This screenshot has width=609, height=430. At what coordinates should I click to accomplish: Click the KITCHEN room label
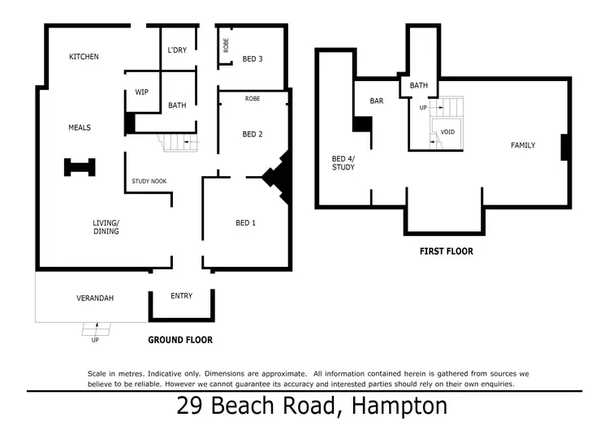click(84, 57)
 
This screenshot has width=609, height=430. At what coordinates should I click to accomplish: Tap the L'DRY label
click(177, 50)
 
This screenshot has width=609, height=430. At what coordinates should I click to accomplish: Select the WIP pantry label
click(141, 92)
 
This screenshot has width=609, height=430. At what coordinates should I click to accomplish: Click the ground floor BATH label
click(177, 105)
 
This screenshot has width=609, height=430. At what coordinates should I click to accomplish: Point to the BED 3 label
click(253, 58)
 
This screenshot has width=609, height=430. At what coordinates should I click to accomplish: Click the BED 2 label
click(253, 134)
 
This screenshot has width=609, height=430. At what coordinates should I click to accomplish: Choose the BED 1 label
click(245, 223)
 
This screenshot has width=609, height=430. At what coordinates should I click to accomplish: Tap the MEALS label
click(79, 127)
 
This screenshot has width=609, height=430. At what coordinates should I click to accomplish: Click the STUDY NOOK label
click(149, 181)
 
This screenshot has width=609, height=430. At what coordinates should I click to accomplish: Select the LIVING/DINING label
click(106, 226)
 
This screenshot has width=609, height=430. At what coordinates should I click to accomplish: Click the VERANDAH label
click(95, 298)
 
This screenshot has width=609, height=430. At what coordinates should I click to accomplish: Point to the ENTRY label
click(182, 296)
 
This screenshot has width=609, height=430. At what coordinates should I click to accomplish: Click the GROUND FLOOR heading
click(180, 340)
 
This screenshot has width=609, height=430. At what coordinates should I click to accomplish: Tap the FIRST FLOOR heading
click(446, 252)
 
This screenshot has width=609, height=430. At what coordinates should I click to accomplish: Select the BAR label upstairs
click(376, 101)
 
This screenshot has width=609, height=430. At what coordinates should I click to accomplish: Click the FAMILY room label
click(523, 145)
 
